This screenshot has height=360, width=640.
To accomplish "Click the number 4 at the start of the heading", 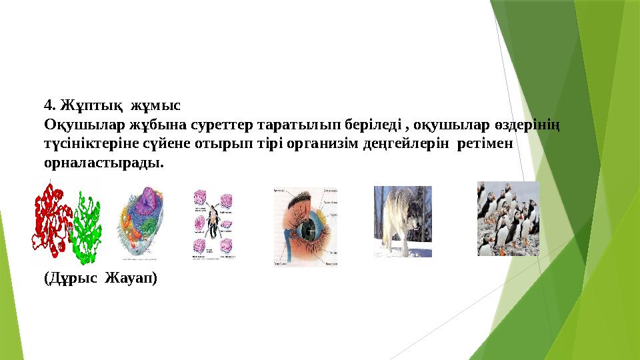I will (x=48, y=105).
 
